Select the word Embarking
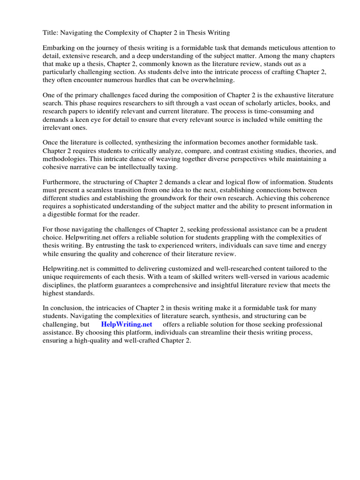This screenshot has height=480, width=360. click(x=60, y=48)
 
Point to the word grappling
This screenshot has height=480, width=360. click(x=239, y=238)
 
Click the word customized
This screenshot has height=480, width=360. click(x=181, y=269)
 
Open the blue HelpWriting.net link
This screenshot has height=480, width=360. click(x=127, y=324)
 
